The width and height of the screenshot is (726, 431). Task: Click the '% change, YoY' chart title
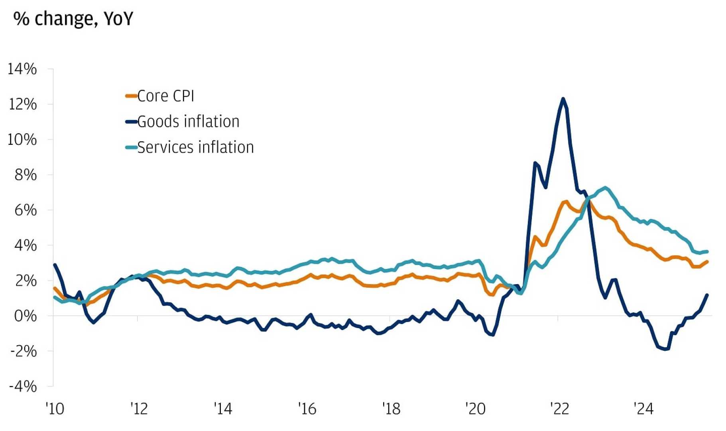[73, 19]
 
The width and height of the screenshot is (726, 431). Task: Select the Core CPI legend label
[165, 96]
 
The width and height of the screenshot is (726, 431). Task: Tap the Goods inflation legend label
[188, 122]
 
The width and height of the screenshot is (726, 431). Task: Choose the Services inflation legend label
[195, 148]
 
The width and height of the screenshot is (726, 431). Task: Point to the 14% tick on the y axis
[22, 69]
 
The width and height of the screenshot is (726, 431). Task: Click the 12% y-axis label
[22, 105]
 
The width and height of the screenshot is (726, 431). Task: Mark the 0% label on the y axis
[26, 316]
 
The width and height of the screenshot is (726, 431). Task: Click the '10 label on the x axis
[55, 409]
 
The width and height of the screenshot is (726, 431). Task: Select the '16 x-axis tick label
[307, 409]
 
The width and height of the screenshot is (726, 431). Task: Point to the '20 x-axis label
[475, 409]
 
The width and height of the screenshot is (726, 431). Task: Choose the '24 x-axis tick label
[643, 409]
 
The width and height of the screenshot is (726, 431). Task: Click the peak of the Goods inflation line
[563, 99]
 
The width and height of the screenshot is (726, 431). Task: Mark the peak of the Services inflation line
[606, 187]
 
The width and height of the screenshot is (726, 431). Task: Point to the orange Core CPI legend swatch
[131, 96]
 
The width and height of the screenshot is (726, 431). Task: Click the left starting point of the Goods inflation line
[55, 265]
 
